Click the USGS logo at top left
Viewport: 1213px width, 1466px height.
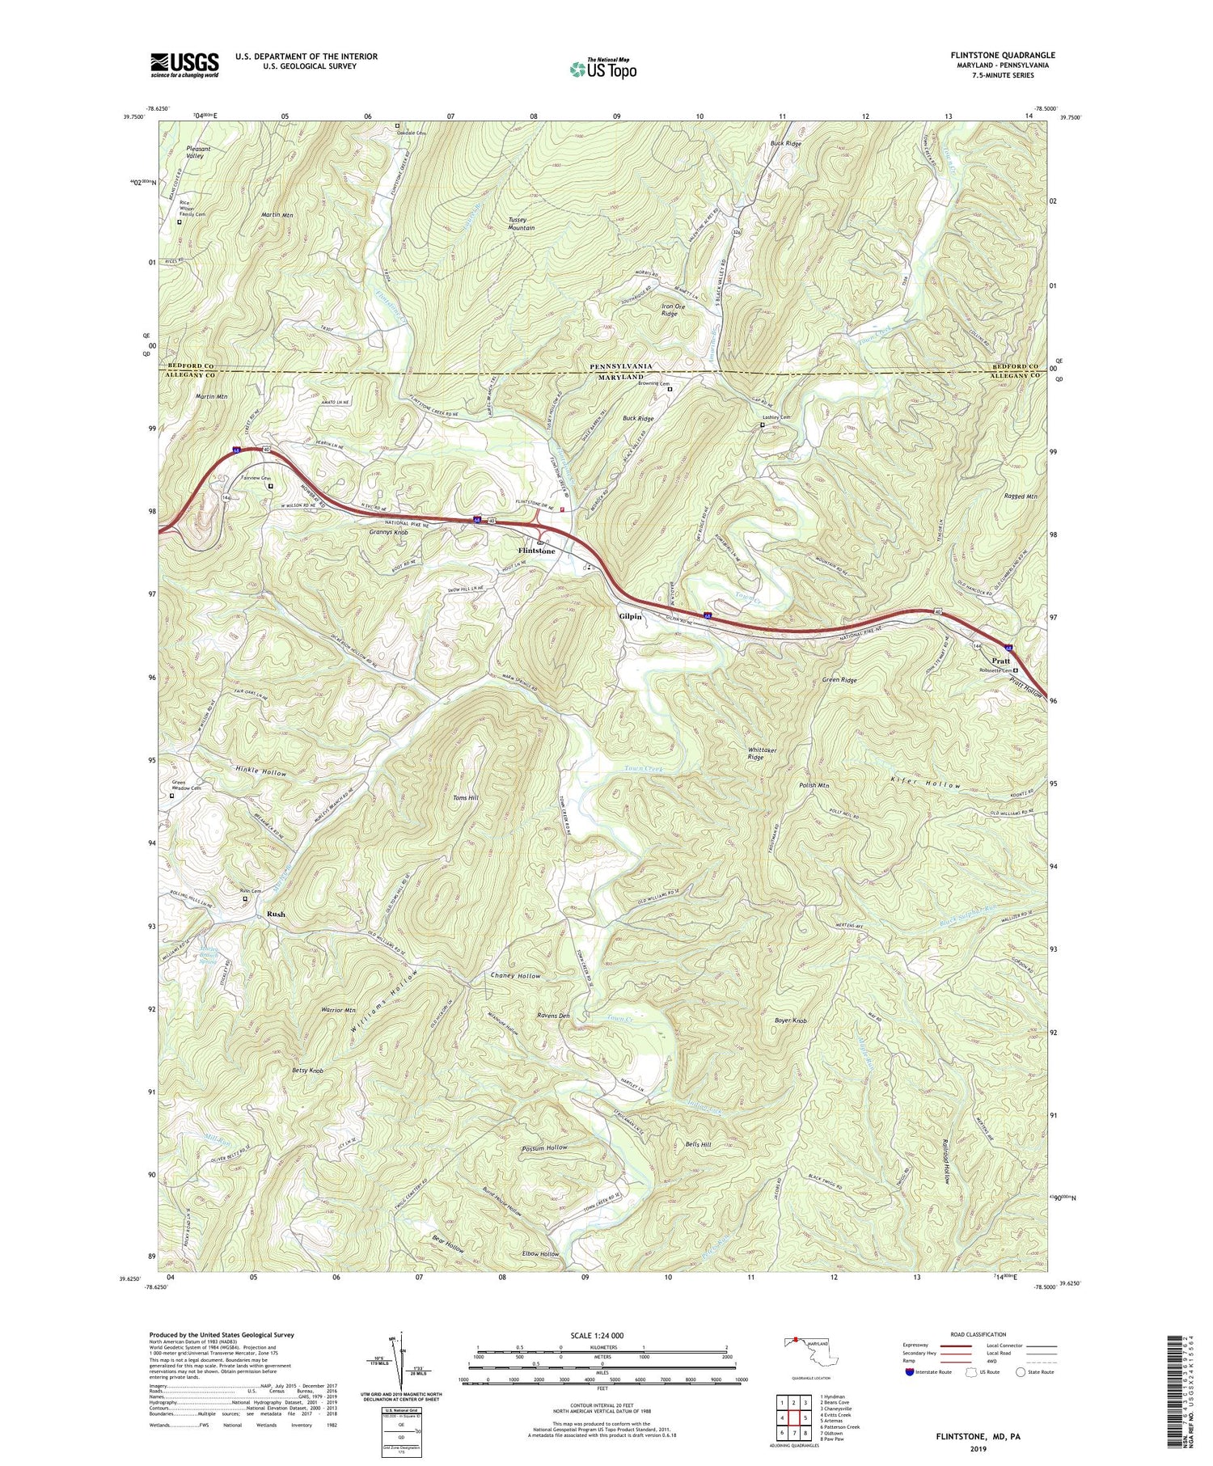tap(184, 65)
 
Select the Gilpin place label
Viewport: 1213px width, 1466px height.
tap(630, 616)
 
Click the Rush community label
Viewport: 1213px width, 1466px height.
tap(276, 914)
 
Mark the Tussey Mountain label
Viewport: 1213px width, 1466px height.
tap(522, 224)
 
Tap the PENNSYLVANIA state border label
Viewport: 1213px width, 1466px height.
tap(620, 367)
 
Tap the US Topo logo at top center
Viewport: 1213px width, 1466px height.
tap(602, 69)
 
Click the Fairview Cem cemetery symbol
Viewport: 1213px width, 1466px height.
tap(272, 486)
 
